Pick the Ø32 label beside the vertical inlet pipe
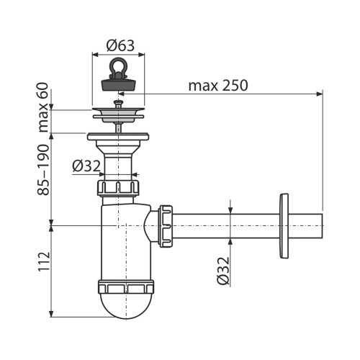point(86,166)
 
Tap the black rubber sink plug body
point(119,84)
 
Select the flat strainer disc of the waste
point(119,111)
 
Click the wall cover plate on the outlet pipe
point(284,225)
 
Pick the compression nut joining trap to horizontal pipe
point(166,225)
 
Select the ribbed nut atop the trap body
point(119,189)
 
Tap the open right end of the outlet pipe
point(321,225)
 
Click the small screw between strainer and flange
point(119,123)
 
